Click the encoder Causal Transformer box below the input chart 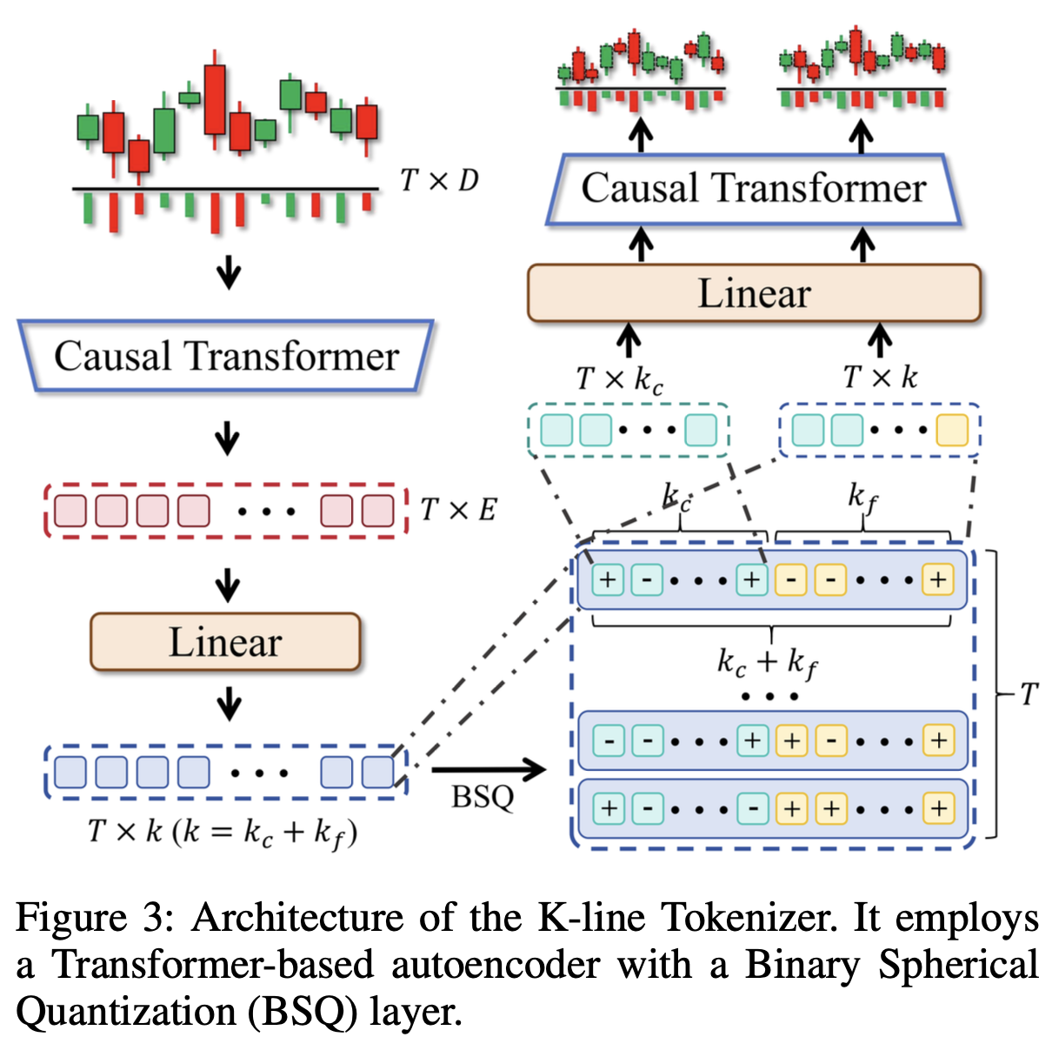(226, 357)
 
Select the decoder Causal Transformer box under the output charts (753, 189)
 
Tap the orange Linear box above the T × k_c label (753, 293)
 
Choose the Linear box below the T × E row (225, 642)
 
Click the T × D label (439, 181)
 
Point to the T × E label (457, 510)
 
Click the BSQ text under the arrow (483, 797)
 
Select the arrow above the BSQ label (488, 769)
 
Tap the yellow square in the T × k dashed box (952, 431)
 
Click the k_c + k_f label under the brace (768, 663)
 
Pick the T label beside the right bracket (1029, 694)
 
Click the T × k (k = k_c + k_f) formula (223, 833)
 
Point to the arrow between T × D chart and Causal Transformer (229, 272)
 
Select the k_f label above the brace (862, 498)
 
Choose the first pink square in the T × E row (70, 511)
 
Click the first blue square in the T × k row (70, 772)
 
